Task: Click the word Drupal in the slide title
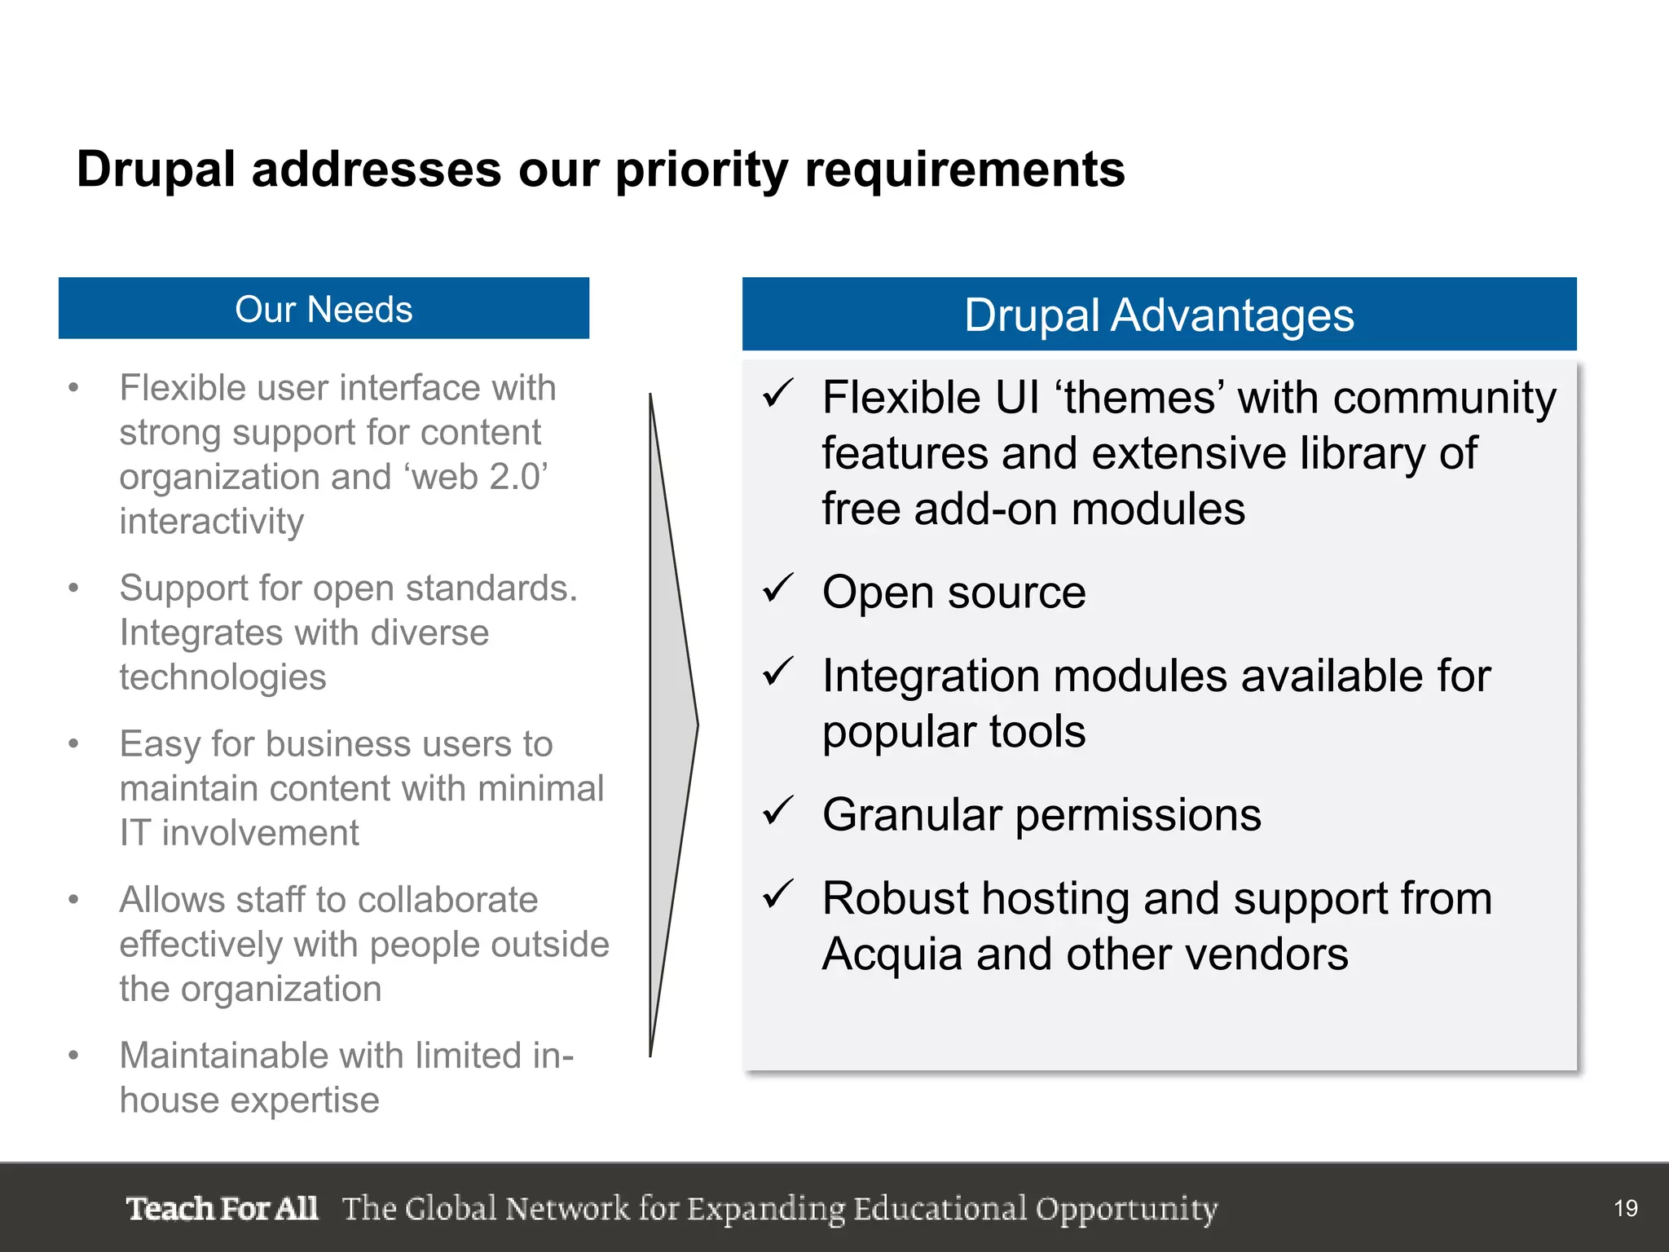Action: [156, 170]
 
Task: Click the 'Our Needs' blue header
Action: [324, 309]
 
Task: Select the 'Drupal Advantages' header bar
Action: [1158, 315]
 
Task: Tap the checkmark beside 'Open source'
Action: [777, 588]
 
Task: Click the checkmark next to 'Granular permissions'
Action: [777, 810]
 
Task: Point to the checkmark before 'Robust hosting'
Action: [777, 894]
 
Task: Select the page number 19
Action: [1625, 1208]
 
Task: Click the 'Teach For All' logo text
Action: [222, 1208]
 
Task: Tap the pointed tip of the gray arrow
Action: [697, 724]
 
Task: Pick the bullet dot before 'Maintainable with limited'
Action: [73, 1056]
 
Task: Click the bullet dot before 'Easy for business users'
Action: [73, 744]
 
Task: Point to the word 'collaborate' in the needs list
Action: [447, 900]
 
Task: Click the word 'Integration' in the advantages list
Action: [929, 677]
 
